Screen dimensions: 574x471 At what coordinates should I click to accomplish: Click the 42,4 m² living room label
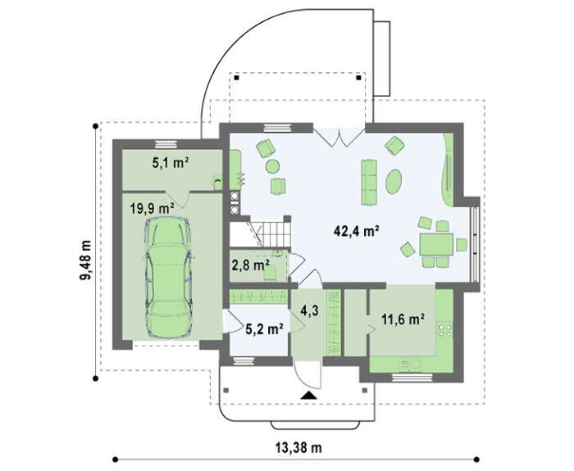(x=356, y=231)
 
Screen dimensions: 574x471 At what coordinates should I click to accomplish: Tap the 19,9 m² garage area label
(x=152, y=209)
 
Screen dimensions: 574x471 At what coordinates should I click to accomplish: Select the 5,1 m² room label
(x=171, y=163)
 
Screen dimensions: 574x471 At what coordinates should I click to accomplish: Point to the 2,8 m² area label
(x=251, y=265)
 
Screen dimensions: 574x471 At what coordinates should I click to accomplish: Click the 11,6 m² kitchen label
(x=403, y=319)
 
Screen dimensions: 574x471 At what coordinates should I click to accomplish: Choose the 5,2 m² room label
(x=264, y=329)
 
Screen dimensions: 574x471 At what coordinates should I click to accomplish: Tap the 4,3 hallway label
(x=309, y=310)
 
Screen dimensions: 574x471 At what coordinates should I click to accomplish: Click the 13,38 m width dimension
(x=298, y=447)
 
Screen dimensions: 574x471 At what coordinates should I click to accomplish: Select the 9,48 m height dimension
(x=85, y=260)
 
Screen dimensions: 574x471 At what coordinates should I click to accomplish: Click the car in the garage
(x=168, y=278)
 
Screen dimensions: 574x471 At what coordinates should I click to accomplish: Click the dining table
(x=436, y=244)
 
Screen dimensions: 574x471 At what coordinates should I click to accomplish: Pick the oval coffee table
(x=394, y=181)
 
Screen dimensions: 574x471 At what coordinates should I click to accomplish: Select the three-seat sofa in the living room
(x=369, y=182)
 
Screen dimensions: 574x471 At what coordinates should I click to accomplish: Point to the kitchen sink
(x=410, y=365)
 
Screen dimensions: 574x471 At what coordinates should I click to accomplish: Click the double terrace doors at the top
(x=339, y=138)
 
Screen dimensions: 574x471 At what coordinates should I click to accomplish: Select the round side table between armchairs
(x=272, y=166)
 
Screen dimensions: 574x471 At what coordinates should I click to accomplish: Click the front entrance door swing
(x=307, y=374)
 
